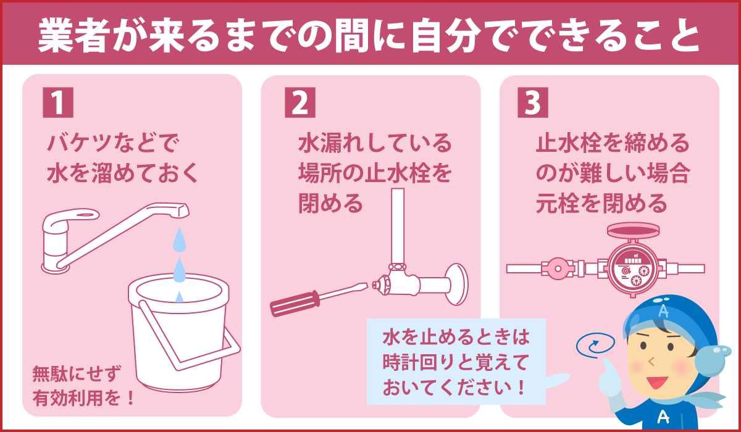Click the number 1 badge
click(x=57, y=102)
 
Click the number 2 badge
click(x=300, y=102)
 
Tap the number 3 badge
click(x=532, y=102)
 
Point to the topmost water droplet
click(x=178, y=240)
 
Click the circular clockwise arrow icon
click(x=595, y=345)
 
